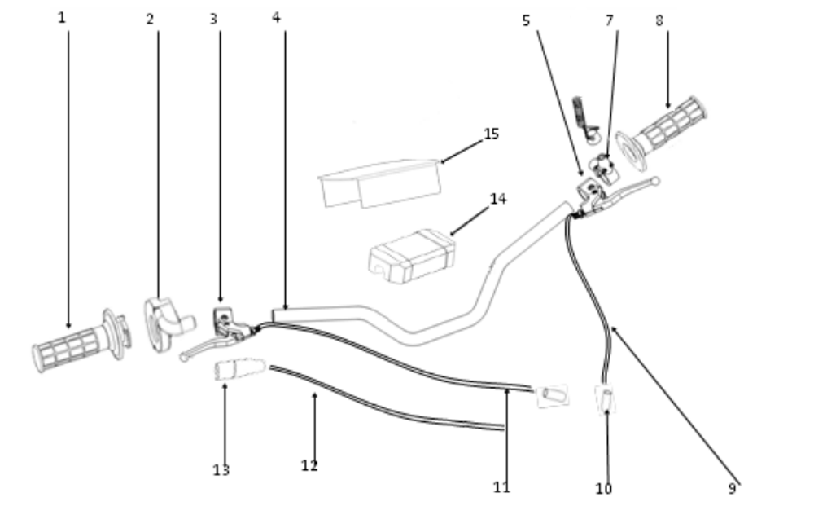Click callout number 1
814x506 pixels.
coord(62,18)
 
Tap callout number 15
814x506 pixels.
coord(491,134)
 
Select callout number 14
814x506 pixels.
coord(498,199)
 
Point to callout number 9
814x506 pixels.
coord(732,488)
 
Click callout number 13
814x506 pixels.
coord(221,470)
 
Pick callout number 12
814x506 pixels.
coord(309,465)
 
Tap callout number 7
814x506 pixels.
coord(610,21)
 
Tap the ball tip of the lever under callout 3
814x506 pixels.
coord(183,358)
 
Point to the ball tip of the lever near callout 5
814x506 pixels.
coord(655,181)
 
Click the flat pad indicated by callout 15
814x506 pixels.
coord(380,183)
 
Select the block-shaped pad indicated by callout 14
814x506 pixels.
coord(412,256)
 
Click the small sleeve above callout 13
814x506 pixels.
coord(240,368)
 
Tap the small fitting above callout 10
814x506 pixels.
coord(606,399)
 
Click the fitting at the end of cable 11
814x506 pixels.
coord(552,396)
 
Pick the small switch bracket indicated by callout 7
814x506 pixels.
coord(604,168)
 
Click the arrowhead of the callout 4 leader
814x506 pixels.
coord(285,308)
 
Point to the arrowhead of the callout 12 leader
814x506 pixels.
coord(314,396)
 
